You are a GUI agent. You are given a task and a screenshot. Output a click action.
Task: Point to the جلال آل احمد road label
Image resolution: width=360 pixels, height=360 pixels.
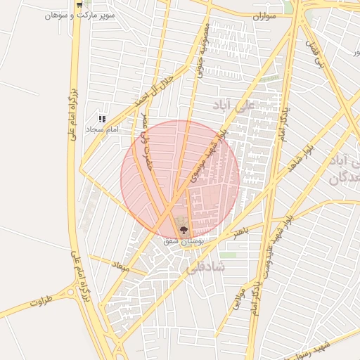[154, 91]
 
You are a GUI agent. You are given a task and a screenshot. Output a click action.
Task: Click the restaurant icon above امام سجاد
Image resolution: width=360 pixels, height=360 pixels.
[102, 120]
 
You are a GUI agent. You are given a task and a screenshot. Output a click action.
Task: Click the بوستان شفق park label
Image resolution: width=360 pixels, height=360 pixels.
[184, 240]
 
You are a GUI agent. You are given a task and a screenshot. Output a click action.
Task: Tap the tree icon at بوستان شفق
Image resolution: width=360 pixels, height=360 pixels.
[184, 230]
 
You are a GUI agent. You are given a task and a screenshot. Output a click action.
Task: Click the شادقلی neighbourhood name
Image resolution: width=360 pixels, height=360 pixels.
[205, 267]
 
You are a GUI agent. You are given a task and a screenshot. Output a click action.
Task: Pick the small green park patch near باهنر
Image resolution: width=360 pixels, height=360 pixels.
[228, 255]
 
